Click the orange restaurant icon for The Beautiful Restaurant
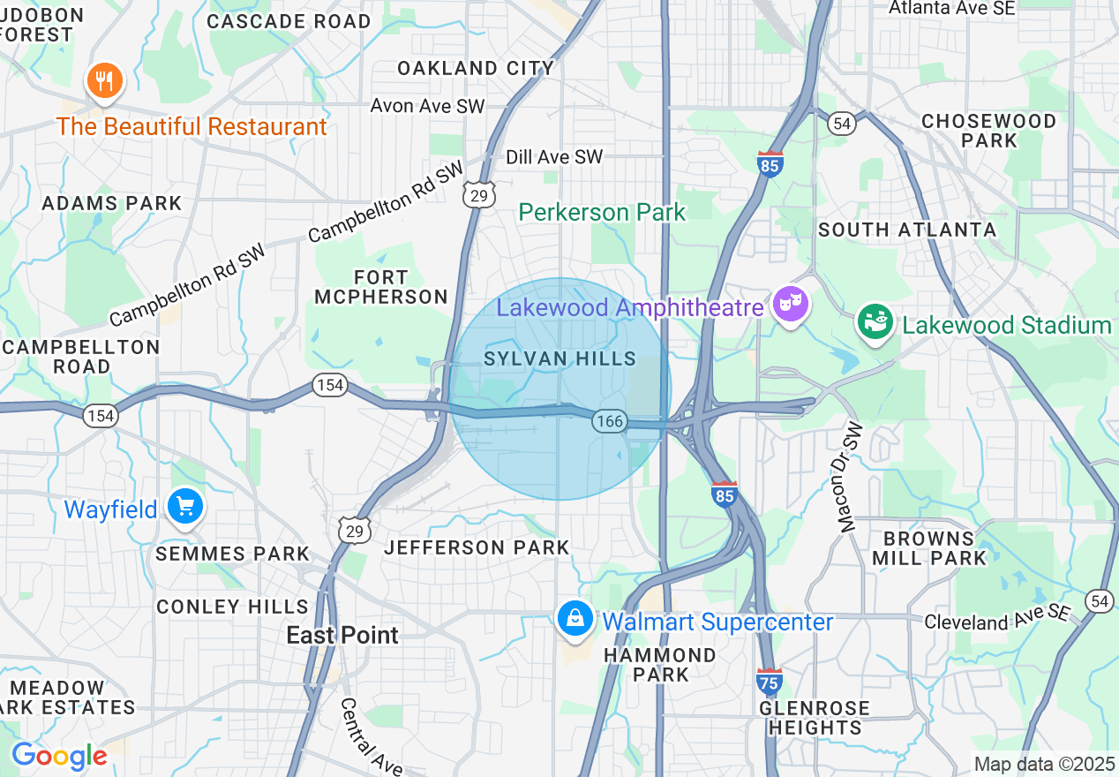(x=105, y=81)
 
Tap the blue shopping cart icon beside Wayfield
(x=185, y=508)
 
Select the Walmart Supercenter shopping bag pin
(x=575, y=619)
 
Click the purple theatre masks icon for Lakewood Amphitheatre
(x=789, y=305)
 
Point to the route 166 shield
(x=610, y=421)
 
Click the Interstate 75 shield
(x=769, y=681)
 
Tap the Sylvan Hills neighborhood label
(x=559, y=358)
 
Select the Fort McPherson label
(x=381, y=288)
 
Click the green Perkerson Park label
(x=602, y=212)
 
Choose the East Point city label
(x=342, y=635)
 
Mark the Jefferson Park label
(x=477, y=548)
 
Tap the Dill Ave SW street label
(x=554, y=157)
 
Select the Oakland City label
(x=476, y=68)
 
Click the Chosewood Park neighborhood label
(x=988, y=131)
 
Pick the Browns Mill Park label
(x=928, y=548)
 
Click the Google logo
(x=59, y=757)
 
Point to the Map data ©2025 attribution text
(x=1044, y=763)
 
